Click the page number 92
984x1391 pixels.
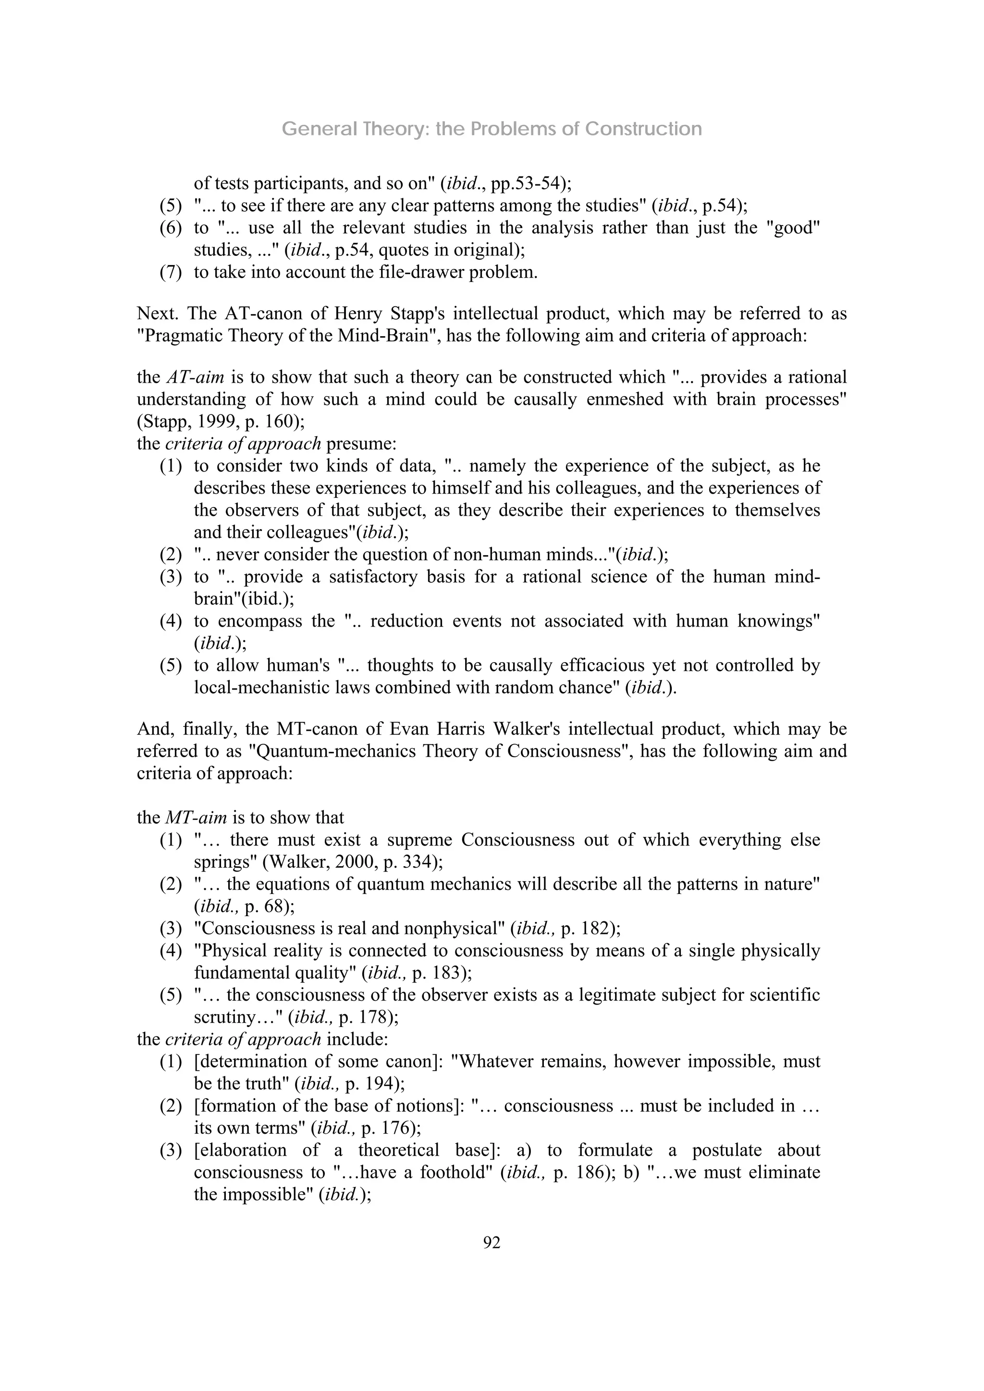pos(492,1243)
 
